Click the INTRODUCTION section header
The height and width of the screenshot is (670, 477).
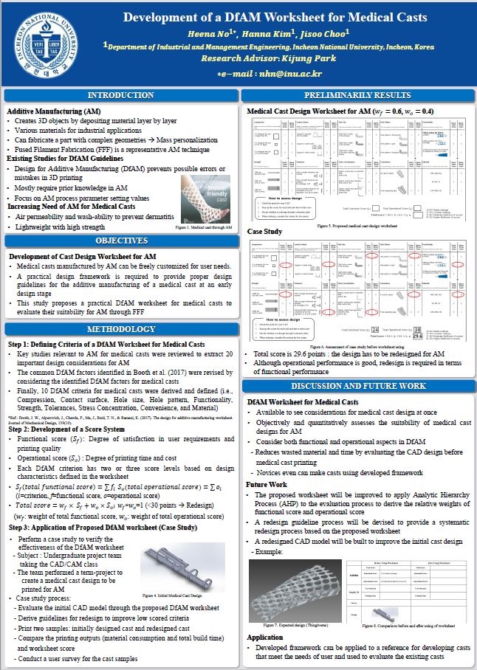pos(121,96)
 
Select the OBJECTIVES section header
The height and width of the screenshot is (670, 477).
pos(121,241)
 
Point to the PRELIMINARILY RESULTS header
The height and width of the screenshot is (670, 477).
pos(358,96)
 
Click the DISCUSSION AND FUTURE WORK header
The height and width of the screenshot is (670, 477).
pos(358,386)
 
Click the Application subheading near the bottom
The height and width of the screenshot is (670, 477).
pos(264,637)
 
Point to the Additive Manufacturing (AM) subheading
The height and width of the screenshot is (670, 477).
pos(53,111)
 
